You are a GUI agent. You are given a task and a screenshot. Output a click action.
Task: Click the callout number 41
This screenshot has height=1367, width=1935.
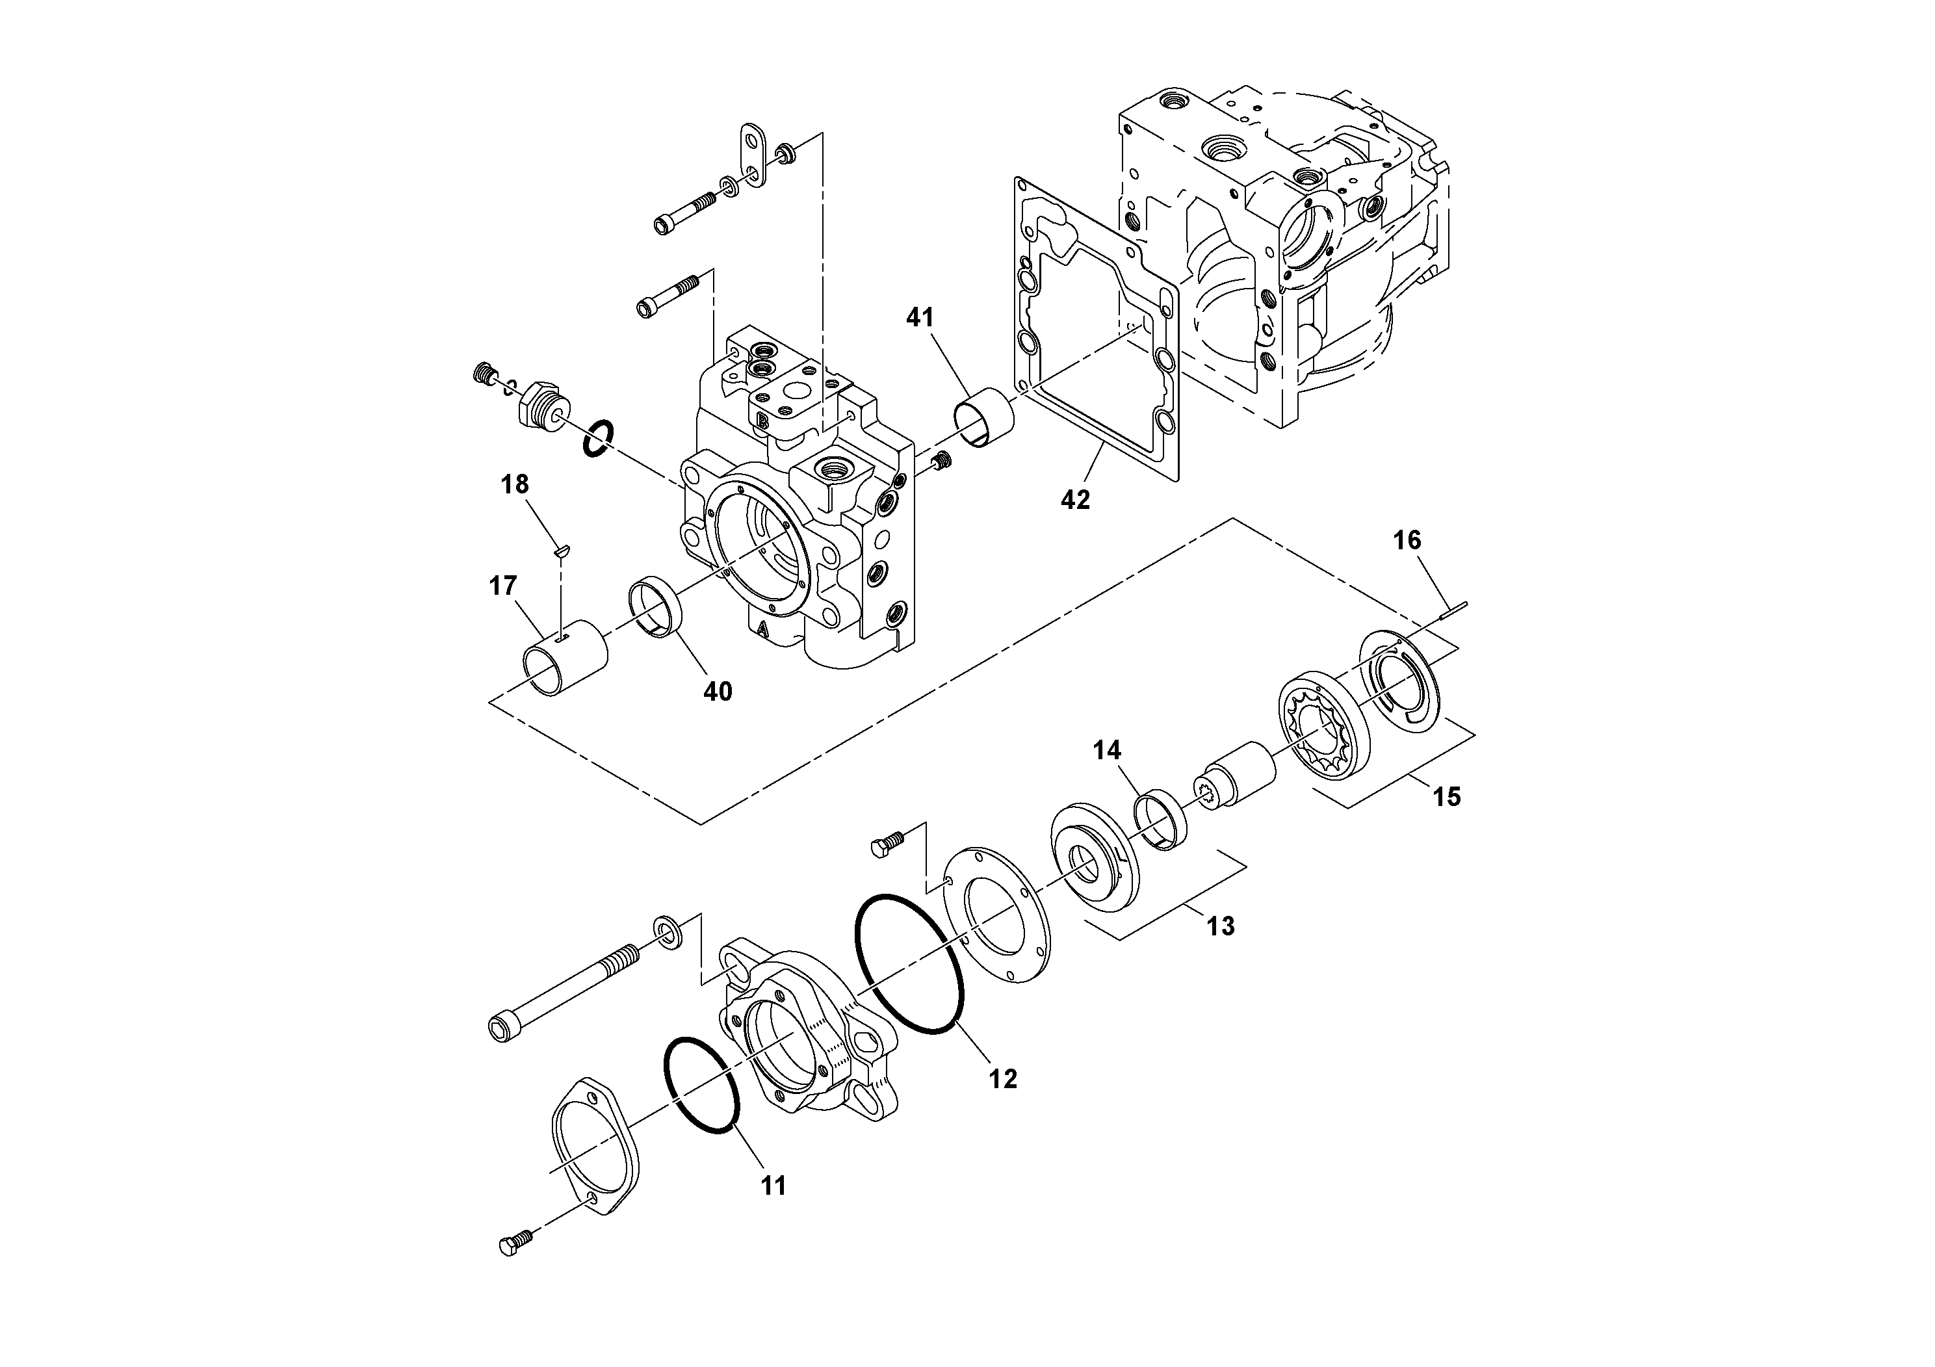(920, 318)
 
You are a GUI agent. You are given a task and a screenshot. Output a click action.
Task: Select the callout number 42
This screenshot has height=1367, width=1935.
(1074, 500)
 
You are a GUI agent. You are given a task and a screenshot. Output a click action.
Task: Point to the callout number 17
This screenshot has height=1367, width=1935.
(502, 585)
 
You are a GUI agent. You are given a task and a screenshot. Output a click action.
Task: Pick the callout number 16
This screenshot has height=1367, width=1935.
(1407, 540)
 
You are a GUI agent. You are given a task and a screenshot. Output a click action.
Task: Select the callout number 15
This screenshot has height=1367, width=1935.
(1446, 796)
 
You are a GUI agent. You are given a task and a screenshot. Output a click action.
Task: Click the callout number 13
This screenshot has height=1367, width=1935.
(1219, 926)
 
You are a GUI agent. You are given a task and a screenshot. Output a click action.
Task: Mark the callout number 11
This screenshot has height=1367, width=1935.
(773, 1186)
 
